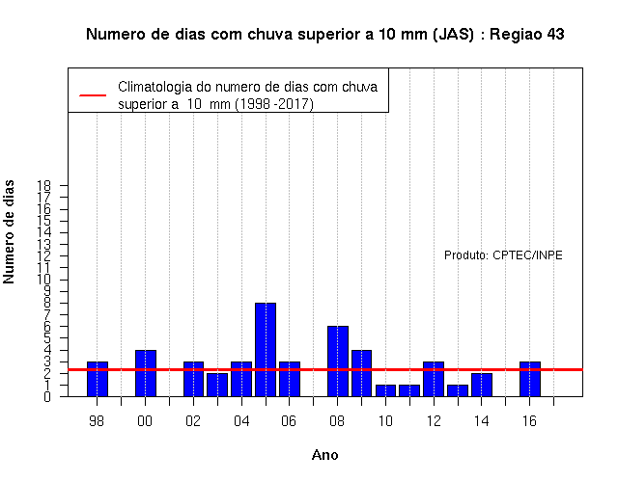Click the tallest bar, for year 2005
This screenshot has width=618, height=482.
(266, 350)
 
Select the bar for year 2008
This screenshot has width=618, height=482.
(338, 361)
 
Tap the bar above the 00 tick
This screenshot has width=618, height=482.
(146, 373)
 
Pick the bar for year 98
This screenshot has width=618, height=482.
(98, 379)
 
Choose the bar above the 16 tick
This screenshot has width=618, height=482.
(530, 379)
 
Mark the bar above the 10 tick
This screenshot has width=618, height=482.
(386, 390)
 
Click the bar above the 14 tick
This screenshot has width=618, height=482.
(482, 385)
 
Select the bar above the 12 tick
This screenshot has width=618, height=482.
(434, 379)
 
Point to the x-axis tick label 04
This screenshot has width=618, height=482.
(241, 421)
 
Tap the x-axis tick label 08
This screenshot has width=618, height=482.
(337, 421)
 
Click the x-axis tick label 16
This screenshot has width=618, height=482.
(529, 421)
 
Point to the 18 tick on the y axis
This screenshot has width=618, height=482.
(44, 185)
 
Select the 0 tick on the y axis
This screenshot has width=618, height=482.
(47, 396)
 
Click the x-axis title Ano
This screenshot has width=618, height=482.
(325, 455)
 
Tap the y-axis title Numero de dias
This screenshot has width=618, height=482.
(9, 231)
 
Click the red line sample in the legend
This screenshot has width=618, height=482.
(93, 95)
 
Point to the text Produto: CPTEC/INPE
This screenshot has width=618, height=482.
(503, 255)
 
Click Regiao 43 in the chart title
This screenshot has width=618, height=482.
(527, 35)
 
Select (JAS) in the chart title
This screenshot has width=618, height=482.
(453, 35)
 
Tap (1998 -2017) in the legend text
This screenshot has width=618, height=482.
(274, 104)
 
